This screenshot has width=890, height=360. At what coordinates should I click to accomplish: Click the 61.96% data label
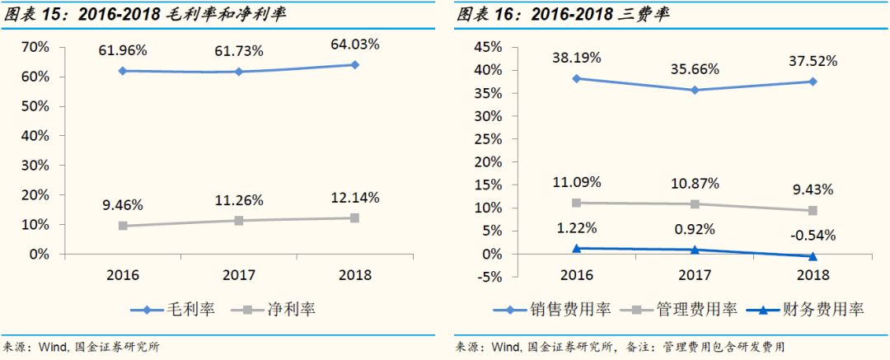(124, 51)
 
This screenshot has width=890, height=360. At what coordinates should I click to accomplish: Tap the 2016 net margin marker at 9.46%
(124, 226)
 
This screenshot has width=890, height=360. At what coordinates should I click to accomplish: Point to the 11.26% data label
(239, 200)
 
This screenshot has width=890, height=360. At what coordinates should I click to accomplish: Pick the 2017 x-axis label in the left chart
(239, 274)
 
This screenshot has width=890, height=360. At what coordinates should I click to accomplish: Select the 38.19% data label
(577, 58)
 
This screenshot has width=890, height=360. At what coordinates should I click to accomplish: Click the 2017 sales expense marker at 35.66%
(695, 90)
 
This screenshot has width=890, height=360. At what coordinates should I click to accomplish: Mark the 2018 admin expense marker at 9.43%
(813, 211)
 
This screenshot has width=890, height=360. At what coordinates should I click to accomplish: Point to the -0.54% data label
(813, 236)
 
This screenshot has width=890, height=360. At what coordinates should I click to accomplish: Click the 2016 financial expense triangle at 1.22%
(577, 248)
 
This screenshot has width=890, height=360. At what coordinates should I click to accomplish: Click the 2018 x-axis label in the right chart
(813, 274)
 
